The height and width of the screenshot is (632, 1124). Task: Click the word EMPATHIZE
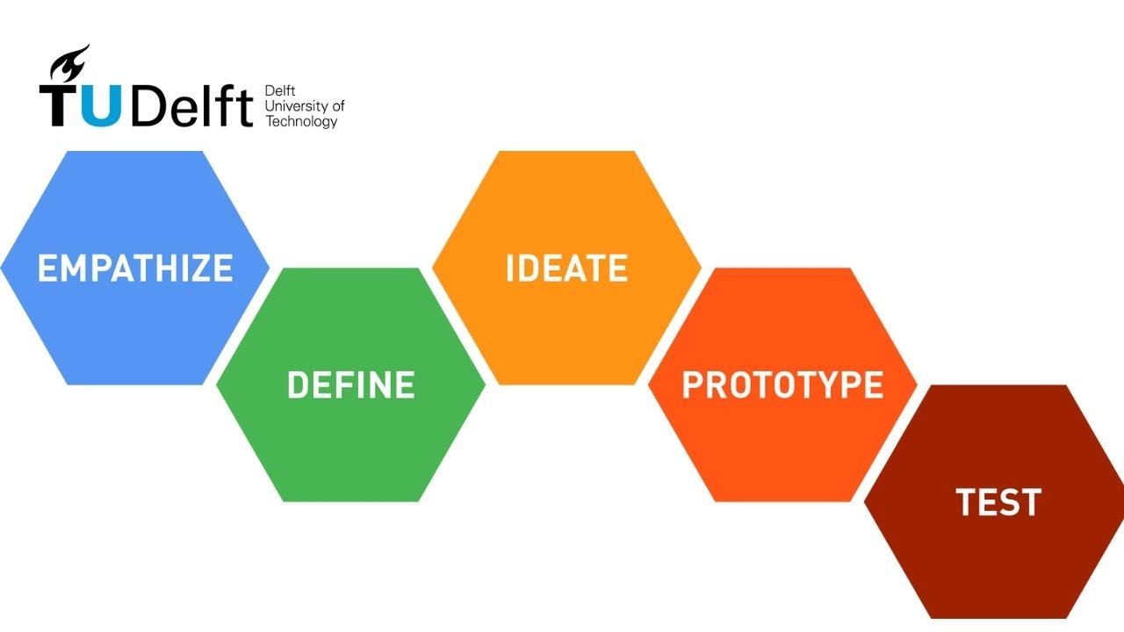click(135, 268)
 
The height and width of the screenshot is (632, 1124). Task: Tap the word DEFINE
click(350, 385)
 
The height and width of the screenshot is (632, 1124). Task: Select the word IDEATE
click(566, 268)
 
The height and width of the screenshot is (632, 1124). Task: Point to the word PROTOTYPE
click(782, 385)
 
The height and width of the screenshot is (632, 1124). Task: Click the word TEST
click(998, 502)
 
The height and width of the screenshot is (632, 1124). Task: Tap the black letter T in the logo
click(60, 105)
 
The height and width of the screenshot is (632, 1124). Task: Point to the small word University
click(295, 106)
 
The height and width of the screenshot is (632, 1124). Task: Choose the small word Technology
click(301, 122)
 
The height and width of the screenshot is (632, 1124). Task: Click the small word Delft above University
click(279, 91)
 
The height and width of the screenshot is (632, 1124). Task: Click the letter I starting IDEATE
click(510, 268)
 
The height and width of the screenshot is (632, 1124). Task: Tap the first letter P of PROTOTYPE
click(692, 385)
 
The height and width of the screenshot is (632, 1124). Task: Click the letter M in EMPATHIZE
click(73, 268)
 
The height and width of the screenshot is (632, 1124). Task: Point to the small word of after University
click(338, 106)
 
